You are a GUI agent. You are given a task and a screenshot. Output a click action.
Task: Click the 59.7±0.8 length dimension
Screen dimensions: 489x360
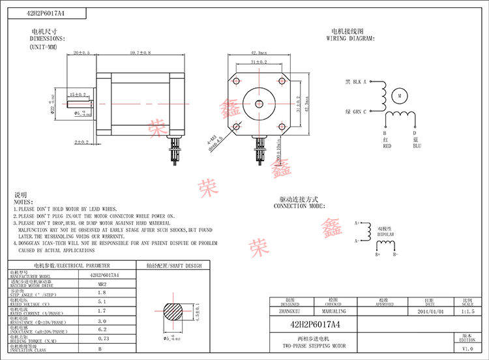point(140,52)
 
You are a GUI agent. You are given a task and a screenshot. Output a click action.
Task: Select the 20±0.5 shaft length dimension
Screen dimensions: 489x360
point(82,52)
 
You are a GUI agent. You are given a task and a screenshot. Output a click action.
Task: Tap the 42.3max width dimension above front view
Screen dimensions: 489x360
point(258,52)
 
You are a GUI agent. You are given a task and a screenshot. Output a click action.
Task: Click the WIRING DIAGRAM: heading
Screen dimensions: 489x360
point(351,38)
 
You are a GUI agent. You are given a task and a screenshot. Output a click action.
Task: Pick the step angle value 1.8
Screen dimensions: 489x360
point(102,293)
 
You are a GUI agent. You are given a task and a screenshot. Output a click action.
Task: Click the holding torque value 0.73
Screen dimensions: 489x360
point(102,339)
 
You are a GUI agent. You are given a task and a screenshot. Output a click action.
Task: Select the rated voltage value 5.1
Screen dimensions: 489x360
point(102,302)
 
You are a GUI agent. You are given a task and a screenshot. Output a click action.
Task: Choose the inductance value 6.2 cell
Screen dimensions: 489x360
point(102,330)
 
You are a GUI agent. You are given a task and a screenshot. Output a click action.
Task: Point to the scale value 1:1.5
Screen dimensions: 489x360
point(467,312)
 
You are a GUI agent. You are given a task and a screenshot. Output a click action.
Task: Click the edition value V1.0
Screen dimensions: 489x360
point(467,349)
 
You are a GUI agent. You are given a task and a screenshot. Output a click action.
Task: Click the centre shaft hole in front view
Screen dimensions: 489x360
point(259,103)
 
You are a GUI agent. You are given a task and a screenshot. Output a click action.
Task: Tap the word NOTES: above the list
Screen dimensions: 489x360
point(23,202)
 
